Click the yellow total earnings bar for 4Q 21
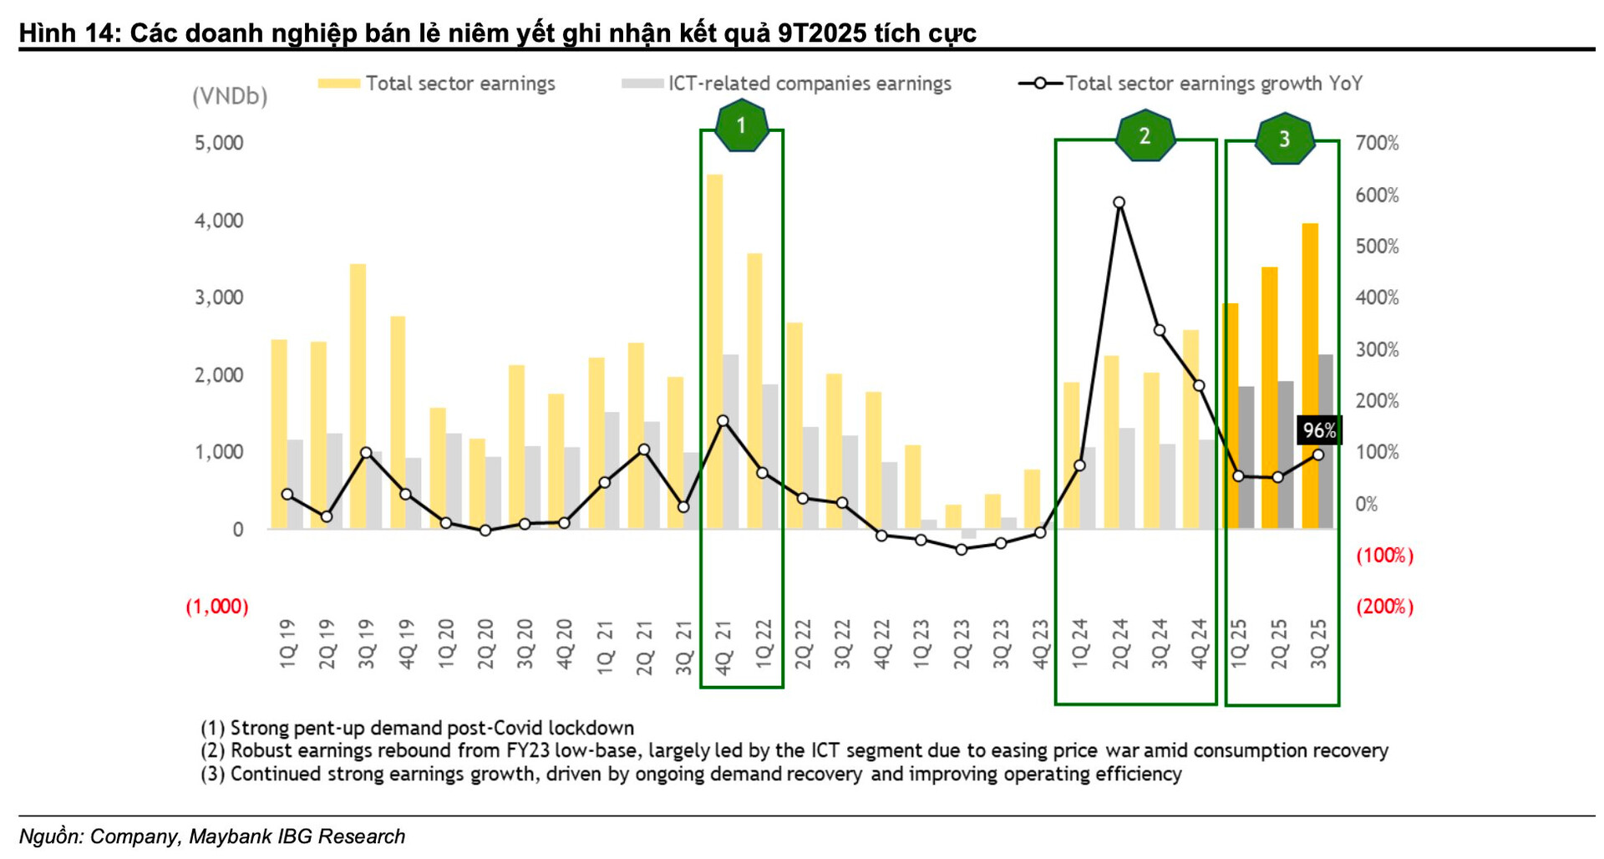715,351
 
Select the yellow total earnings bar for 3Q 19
358,396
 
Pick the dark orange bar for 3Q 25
1310,376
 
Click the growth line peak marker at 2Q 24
1119,203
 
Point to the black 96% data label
1319,430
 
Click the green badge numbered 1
741,126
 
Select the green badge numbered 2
1145,136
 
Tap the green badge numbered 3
1284,139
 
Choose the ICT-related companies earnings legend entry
809,84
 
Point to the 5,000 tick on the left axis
219,143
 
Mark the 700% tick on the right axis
1377,143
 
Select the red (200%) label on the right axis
1384,607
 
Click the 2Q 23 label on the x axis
962,643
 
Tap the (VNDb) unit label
230,97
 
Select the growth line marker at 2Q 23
962,549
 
